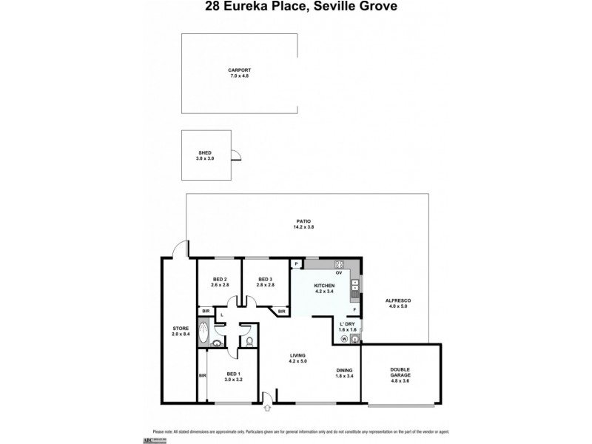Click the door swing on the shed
point(236,155)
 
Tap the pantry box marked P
point(296,263)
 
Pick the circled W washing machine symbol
point(343,340)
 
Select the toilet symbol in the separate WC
point(249,341)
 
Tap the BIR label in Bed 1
point(202,376)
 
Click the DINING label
point(343,370)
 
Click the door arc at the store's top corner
point(178,249)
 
